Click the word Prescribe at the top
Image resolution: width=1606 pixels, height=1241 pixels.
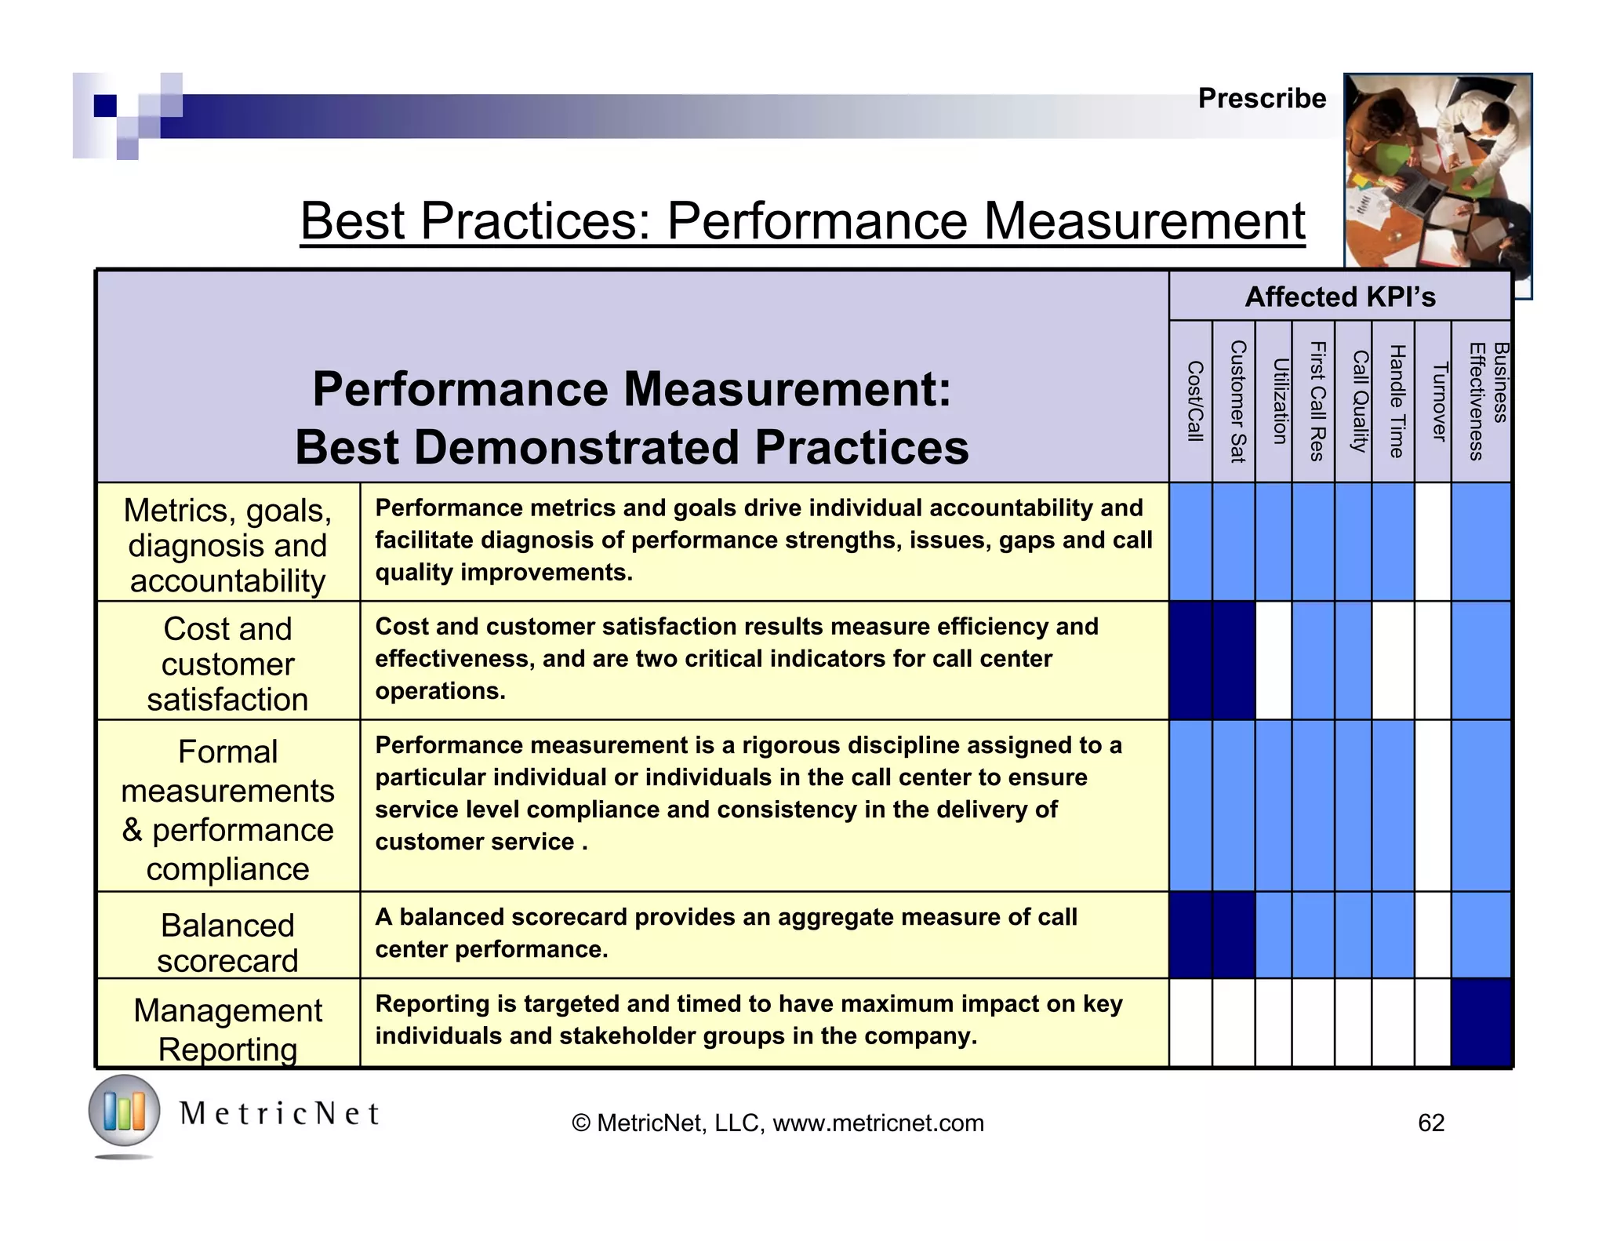pyautogui.click(x=1262, y=99)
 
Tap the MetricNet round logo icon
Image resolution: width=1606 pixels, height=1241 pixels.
pyautogui.click(x=124, y=1112)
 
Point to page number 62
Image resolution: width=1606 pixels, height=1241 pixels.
pyautogui.click(x=1431, y=1123)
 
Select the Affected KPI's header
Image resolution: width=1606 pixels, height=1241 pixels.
pyautogui.click(x=1339, y=297)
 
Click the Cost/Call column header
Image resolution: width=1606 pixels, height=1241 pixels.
pyautogui.click(x=1194, y=402)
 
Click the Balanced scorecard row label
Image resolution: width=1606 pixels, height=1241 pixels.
pyautogui.click(x=227, y=942)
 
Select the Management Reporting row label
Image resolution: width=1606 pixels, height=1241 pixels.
pyautogui.click(x=227, y=1029)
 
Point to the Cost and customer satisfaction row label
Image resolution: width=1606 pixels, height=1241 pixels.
pyautogui.click(x=227, y=664)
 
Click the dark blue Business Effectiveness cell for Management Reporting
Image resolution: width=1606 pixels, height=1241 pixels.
pyautogui.click(x=1481, y=1023)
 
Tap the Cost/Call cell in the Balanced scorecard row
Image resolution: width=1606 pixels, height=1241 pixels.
pyautogui.click(x=1190, y=934)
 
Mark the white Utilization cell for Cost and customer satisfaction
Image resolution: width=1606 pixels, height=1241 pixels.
pyautogui.click(x=1274, y=661)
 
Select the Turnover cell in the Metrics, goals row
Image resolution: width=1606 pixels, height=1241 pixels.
pyautogui.click(x=1433, y=542)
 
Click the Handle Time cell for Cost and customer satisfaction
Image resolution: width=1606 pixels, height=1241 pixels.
pyautogui.click(x=1393, y=661)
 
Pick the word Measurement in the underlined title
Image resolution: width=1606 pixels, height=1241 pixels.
pyautogui.click(x=1143, y=221)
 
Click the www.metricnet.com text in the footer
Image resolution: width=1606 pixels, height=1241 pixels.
pyautogui.click(x=877, y=1123)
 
